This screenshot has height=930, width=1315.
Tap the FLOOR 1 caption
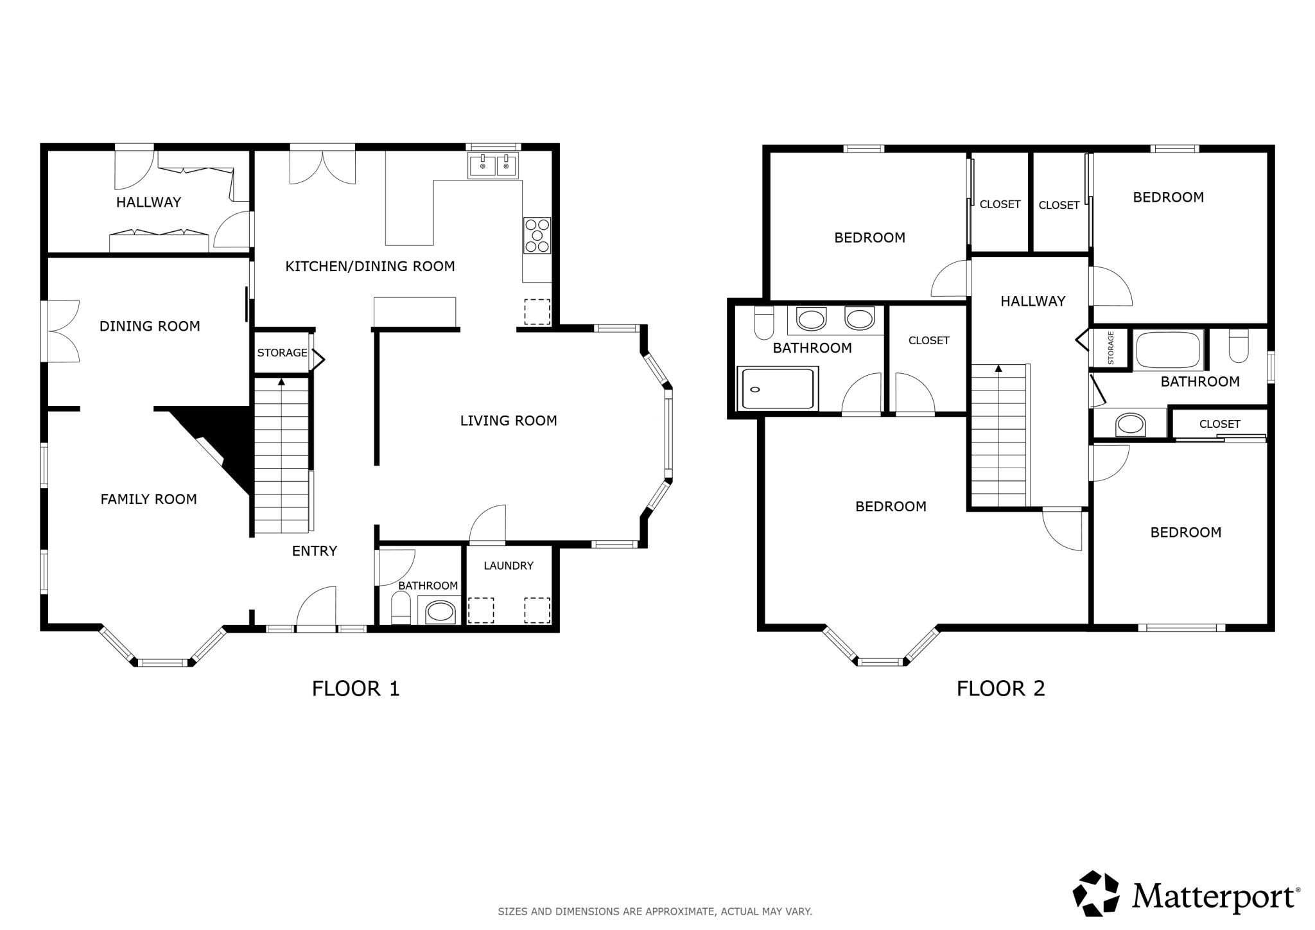tap(356, 689)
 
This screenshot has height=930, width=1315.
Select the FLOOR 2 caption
tap(1001, 689)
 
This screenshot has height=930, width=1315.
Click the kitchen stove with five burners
tap(537, 235)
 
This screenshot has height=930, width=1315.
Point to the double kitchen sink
tap(493, 166)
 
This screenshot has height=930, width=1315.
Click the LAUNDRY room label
tap(509, 566)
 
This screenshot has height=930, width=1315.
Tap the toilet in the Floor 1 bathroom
tap(401, 608)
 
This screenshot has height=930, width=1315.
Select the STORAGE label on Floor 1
tap(282, 353)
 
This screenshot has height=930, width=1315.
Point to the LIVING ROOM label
tap(509, 421)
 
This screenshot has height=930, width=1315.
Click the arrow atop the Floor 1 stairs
tap(281, 382)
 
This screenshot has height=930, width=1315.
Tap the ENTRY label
tap(315, 551)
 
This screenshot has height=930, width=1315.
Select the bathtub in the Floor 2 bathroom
tap(1169, 350)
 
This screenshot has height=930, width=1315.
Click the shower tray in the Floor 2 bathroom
tap(778, 388)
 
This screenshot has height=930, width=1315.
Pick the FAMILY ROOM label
tap(148, 499)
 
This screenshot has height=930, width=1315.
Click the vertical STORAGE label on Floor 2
tap(1110, 347)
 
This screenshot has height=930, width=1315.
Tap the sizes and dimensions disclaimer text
tap(655, 911)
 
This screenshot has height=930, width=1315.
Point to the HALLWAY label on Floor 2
tap(1032, 301)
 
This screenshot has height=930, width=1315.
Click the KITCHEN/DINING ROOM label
tap(370, 266)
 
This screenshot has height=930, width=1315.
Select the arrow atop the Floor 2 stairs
tap(998, 369)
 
